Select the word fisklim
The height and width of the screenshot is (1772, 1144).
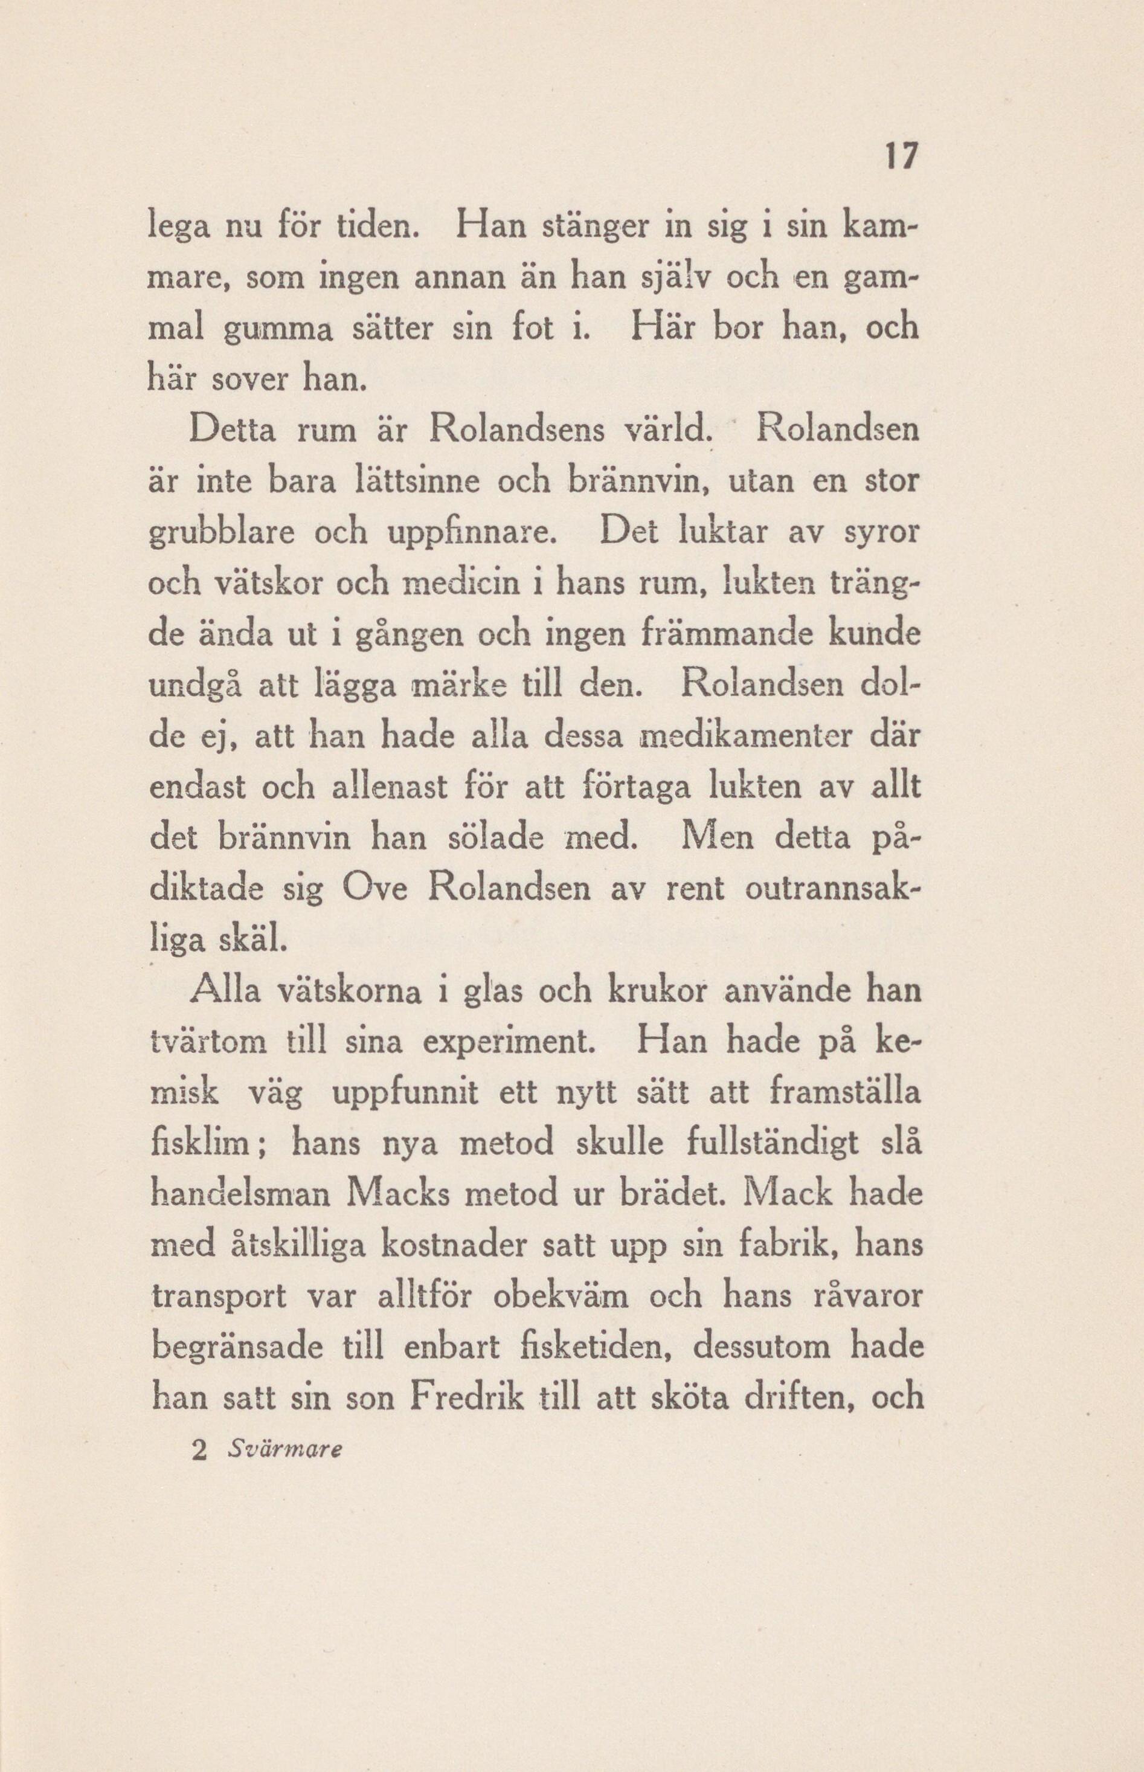(x=206, y=1147)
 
